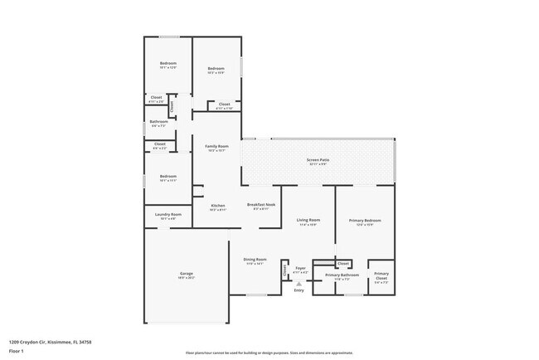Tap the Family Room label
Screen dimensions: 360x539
[217, 147]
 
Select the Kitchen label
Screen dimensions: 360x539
[217, 206]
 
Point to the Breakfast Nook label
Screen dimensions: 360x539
[261, 204]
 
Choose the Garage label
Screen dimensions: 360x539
[186, 274]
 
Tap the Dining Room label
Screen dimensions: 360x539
[255, 259]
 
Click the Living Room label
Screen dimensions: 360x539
[308, 220]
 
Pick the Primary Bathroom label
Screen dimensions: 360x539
[342, 275]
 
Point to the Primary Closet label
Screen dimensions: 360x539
[381, 275]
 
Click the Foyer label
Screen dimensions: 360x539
[300, 268]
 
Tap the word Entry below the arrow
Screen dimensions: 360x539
[299, 290]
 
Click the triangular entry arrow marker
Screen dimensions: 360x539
[299, 283]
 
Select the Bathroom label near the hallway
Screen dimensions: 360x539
[158, 122]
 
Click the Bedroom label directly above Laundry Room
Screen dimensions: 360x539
[168, 176]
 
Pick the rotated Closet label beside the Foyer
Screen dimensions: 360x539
[284, 270]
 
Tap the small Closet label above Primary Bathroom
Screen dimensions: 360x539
[343, 264]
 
